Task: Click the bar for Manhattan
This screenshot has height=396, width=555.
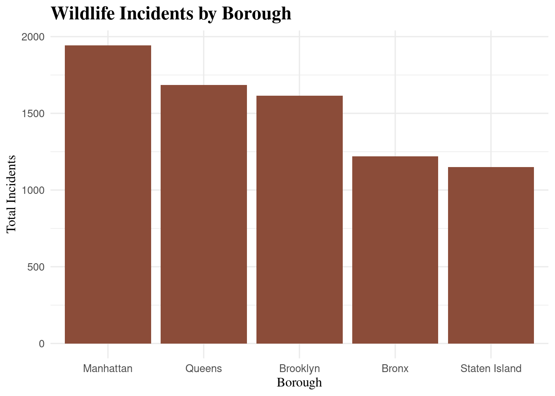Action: [x=108, y=194]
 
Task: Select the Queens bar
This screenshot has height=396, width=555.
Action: [x=204, y=214]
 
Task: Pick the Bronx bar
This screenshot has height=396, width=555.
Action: [x=395, y=250]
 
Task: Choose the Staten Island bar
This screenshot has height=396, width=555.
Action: [x=491, y=255]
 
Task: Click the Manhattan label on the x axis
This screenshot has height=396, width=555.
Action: [x=108, y=368]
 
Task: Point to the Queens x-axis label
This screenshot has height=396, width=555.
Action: [x=204, y=368]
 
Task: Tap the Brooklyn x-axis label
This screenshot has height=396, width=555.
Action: [x=299, y=368]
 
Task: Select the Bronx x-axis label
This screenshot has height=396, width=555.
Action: [x=395, y=368]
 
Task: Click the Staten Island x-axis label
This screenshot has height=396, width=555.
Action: [x=491, y=368]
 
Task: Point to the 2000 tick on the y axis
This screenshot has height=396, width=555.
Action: [x=33, y=37]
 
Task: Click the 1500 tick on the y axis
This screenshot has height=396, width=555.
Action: [x=33, y=114]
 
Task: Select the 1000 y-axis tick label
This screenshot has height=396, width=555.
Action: [x=33, y=190]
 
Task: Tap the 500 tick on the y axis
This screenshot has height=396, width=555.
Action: [x=36, y=267]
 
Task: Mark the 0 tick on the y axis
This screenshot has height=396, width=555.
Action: [x=42, y=344]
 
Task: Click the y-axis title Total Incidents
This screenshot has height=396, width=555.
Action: [x=11, y=194]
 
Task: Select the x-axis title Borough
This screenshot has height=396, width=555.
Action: [x=299, y=383]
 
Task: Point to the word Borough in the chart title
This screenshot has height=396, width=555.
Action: [x=256, y=14]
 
